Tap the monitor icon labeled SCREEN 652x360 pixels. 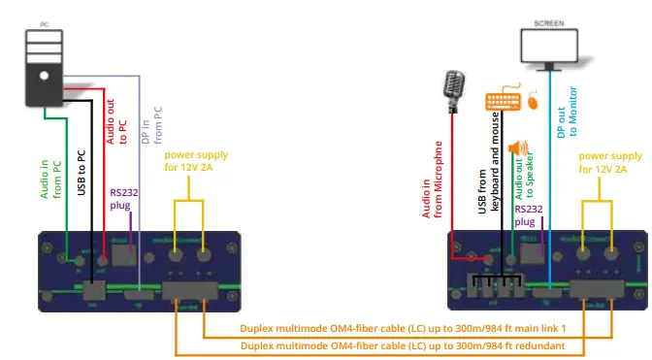click(x=550, y=47)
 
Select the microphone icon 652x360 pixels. click(x=452, y=87)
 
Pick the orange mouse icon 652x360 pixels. click(x=534, y=99)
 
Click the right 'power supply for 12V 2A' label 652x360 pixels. click(x=609, y=161)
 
